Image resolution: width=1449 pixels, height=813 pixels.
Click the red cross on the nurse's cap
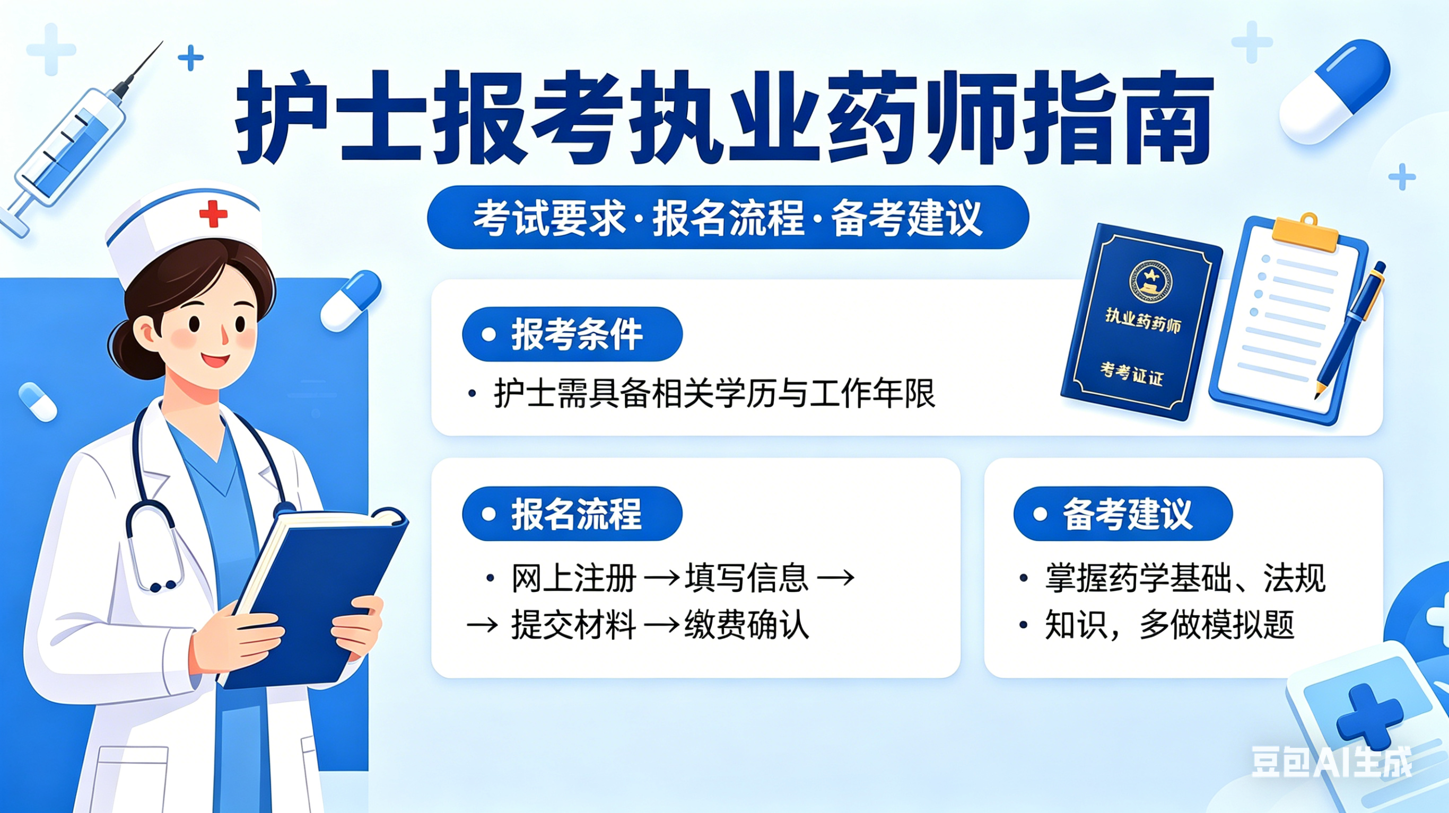click(x=213, y=214)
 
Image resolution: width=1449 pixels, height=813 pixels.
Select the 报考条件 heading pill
click(x=572, y=334)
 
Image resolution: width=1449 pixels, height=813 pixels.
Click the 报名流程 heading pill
click(x=572, y=514)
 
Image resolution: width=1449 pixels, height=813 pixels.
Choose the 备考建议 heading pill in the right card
click(x=1123, y=514)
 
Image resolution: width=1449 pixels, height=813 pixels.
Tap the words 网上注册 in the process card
click(x=574, y=578)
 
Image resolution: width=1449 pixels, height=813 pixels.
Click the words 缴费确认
click(x=747, y=625)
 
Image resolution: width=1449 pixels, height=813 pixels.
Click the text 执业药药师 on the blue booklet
click(x=1142, y=321)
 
